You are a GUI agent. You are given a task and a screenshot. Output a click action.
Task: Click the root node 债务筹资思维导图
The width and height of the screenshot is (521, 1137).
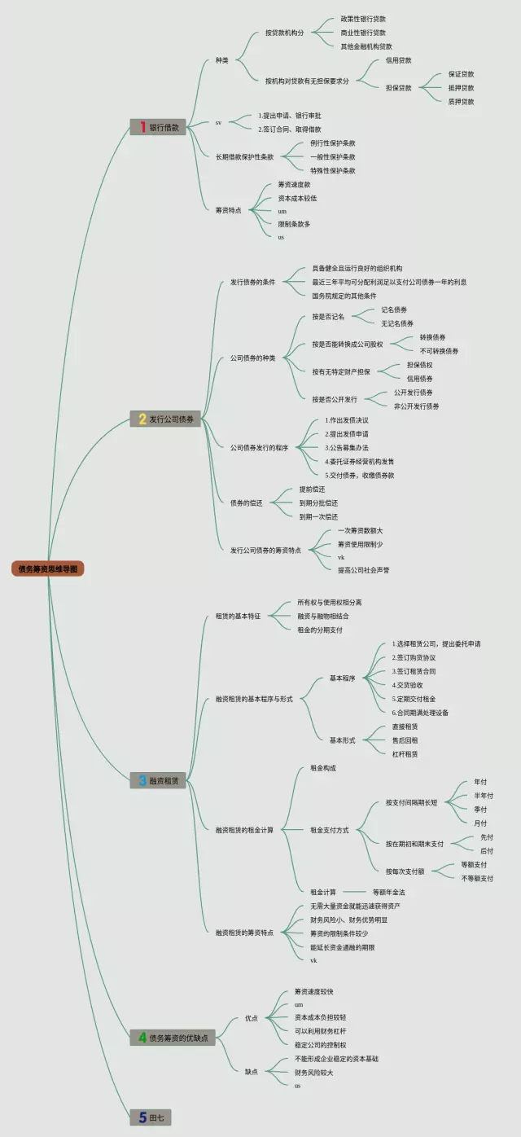48,569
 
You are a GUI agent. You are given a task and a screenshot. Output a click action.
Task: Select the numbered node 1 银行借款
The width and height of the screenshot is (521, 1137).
160,127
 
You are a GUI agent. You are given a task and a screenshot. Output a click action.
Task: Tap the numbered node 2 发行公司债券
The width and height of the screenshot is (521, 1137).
166,419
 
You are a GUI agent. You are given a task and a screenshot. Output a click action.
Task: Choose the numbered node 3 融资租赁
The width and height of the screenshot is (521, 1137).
159,780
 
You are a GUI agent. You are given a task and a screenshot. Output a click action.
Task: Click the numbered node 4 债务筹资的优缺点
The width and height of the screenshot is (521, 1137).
173,1038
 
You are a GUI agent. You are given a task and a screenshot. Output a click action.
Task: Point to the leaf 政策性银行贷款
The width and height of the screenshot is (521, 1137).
363,19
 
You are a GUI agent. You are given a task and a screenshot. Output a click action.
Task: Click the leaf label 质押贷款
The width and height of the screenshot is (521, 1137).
461,102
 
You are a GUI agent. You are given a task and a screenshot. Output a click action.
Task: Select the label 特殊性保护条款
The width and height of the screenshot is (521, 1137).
332,171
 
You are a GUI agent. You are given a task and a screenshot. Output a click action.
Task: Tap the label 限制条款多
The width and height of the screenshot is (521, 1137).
294,224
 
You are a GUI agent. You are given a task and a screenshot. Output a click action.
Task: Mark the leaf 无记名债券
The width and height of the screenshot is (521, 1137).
397,323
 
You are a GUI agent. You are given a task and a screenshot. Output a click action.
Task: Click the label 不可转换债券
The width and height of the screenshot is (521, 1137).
439,351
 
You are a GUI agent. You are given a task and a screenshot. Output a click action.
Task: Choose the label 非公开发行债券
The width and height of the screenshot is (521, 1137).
416,406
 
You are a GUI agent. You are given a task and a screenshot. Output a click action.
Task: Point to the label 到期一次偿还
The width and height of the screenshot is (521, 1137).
318,516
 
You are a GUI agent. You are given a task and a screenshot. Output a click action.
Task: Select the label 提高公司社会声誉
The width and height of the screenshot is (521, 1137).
363,570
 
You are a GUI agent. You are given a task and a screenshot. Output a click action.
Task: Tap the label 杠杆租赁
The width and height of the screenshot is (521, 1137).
405,754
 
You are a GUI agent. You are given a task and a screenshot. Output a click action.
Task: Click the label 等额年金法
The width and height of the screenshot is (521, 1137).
388,893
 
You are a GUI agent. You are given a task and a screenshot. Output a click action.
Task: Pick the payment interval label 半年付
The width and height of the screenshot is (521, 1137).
484,796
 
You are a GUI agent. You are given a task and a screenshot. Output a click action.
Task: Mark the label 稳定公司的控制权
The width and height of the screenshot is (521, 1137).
320,1045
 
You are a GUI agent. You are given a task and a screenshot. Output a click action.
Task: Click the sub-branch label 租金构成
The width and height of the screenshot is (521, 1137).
323,768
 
